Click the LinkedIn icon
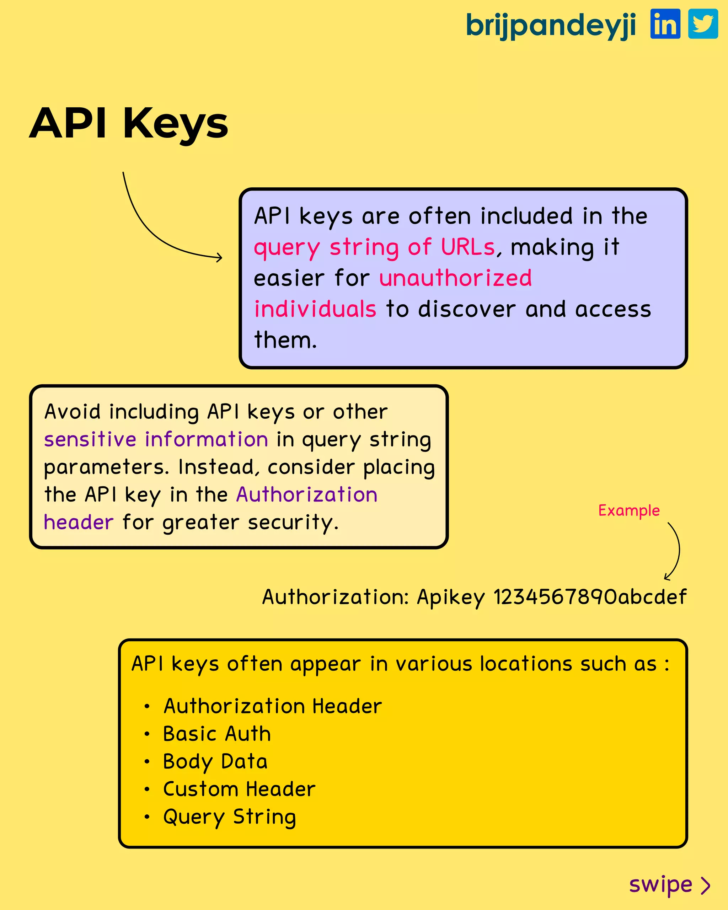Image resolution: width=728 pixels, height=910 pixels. pyautogui.click(x=665, y=24)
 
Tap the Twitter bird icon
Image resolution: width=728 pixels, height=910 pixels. pyautogui.click(x=703, y=24)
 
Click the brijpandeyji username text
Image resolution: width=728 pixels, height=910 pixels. pyautogui.click(x=551, y=25)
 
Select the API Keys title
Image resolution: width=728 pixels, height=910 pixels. pyautogui.click(x=129, y=123)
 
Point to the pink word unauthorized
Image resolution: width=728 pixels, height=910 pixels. pyautogui.click(x=455, y=278)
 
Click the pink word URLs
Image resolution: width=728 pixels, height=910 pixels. pyautogui.click(x=467, y=247)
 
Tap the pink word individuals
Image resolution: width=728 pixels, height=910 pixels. pyautogui.click(x=315, y=309)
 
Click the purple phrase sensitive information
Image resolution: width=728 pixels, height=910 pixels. pyautogui.click(x=156, y=439)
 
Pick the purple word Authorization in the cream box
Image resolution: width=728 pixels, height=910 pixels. pyautogui.click(x=307, y=495)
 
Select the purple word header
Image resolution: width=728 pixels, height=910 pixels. pyautogui.click(x=79, y=523)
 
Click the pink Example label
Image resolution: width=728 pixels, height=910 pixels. pyautogui.click(x=629, y=511)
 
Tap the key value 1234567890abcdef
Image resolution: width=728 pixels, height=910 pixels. pyautogui.click(x=590, y=597)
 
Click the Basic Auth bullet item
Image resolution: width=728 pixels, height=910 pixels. pyautogui.click(x=217, y=734)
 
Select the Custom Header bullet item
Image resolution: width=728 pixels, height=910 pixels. pyautogui.click(x=239, y=789)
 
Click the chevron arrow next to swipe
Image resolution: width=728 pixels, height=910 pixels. pyautogui.click(x=705, y=885)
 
